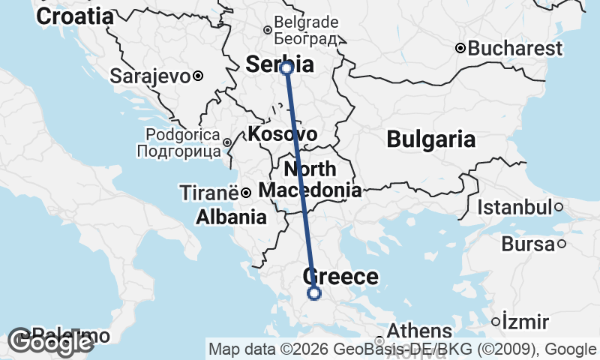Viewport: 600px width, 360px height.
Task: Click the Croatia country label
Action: tap(75, 16)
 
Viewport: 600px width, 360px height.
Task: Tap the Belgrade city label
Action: tap(307, 22)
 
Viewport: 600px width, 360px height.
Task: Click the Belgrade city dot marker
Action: tap(267, 31)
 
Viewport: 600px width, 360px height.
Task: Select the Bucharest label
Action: tap(514, 49)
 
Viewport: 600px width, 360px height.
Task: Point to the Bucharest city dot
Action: tap(460, 49)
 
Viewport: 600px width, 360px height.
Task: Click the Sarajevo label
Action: tap(150, 76)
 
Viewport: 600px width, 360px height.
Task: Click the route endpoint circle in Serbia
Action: tap(286, 68)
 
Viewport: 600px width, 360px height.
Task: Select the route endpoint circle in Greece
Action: tap(314, 293)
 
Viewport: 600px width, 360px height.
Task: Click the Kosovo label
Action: tap(281, 134)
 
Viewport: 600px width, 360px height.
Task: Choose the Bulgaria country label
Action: tap(430, 139)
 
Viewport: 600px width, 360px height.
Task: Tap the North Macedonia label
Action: tap(310, 179)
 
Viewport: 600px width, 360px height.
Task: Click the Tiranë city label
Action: tap(209, 193)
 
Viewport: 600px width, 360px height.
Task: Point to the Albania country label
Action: tap(231, 217)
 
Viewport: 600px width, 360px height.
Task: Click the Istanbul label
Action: tap(515, 207)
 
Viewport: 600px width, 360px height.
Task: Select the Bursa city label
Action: tap(527, 244)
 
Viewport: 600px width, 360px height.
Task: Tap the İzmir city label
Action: tap(526, 322)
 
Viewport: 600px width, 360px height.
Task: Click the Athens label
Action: tap(419, 331)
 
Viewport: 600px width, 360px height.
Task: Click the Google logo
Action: tap(49, 343)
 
